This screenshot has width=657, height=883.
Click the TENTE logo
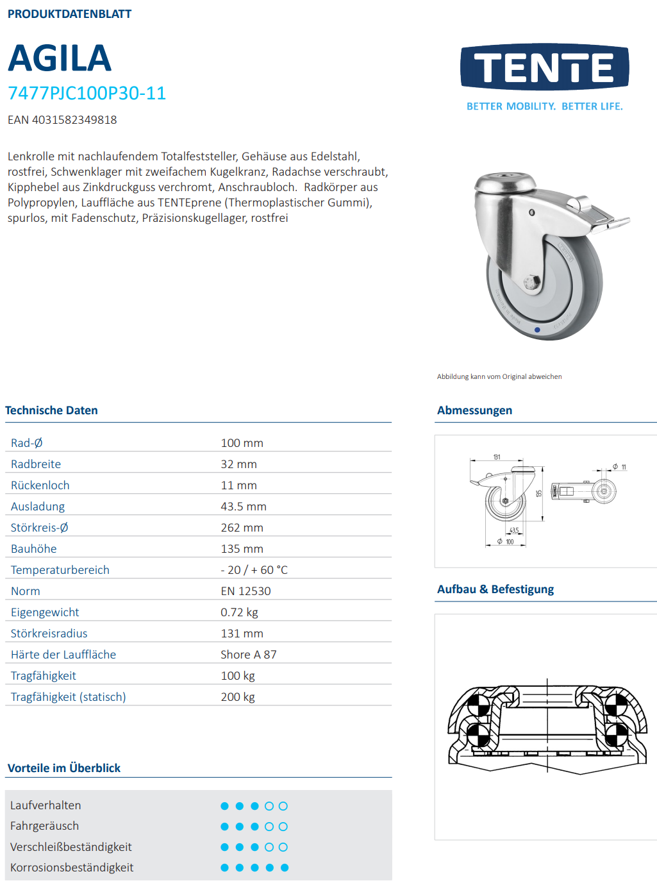click(x=544, y=67)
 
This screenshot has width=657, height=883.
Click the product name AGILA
click(x=60, y=58)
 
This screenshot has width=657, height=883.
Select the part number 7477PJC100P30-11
click(x=87, y=94)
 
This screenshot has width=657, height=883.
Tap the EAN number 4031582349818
click(x=74, y=120)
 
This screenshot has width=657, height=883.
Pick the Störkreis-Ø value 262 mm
click(x=242, y=528)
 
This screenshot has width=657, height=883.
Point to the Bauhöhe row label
click(x=34, y=549)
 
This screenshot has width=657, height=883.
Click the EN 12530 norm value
click(x=245, y=591)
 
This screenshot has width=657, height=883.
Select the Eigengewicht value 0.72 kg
click(x=239, y=612)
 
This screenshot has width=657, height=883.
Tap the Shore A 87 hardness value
click(x=248, y=655)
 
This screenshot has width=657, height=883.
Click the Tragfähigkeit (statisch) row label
click(x=68, y=697)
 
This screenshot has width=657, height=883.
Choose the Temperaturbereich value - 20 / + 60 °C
click(x=254, y=570)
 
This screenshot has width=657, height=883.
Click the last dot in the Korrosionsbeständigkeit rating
click(x=285, y=868)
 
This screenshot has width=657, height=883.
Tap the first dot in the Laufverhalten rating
click(x=224, y=806)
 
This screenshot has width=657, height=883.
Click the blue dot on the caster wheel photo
click(x=537, y=330)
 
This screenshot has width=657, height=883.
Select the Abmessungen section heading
click(x=474, y=410)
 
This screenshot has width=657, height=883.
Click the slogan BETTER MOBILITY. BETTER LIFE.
click(x=544, y=106)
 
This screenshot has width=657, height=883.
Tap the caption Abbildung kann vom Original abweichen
click(x=499, y=376)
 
